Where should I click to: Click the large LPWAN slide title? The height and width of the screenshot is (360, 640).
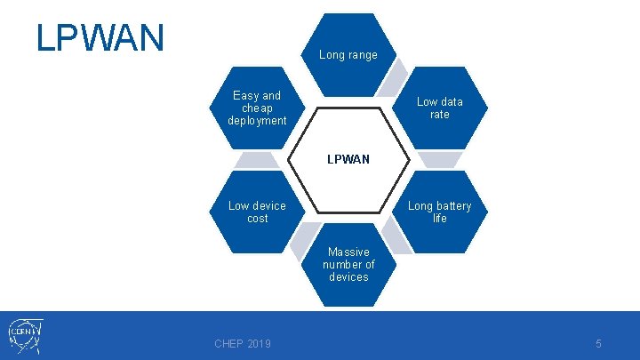coord(100,38)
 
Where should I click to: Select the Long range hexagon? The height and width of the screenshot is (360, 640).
coord(348,54)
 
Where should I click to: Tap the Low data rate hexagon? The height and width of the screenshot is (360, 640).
coord(440,108)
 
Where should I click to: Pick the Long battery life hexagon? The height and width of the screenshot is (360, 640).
coord(440,212)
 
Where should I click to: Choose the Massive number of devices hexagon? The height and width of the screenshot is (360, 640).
coord(348,264)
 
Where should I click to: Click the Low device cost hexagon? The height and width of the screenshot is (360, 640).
coord(257,212)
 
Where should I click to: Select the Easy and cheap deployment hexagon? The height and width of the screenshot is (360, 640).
coord(257,108)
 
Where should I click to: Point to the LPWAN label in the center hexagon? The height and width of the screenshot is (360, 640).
coord(348,160)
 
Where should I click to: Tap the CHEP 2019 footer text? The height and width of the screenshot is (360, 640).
coord(243,344)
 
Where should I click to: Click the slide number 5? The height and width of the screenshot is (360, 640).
coord(598,343)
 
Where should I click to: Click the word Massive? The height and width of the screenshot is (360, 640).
coord(348,252)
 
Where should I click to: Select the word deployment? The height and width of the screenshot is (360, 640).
coord(257,120)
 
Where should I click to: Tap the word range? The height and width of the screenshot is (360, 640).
coord(362,55)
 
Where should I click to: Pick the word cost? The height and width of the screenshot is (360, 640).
coord(257,218)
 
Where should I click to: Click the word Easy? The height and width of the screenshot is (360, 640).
coord(244,95)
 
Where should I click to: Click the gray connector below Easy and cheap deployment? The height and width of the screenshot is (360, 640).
coord(256,160)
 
